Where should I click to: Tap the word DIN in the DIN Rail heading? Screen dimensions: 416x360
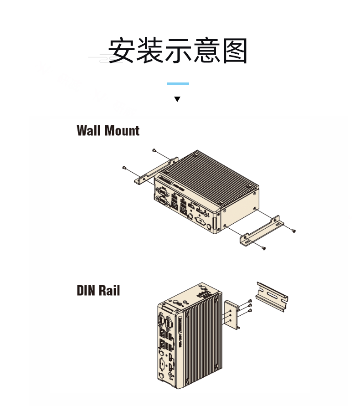pos(86,290)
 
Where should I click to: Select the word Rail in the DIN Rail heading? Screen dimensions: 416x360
pos(109,290)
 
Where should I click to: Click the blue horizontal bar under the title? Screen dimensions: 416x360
pos(178,83)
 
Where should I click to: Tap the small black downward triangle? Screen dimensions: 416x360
pos(178,99)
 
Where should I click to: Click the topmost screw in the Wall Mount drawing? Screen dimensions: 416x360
pos(154,150)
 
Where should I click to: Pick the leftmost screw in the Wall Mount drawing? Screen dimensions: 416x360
pos(124,168)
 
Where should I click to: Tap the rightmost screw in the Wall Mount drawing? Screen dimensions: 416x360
pos(294,231)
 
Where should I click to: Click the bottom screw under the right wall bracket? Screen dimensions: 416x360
pos(264,247)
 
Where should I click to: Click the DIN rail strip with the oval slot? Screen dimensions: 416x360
pos(273,296)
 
